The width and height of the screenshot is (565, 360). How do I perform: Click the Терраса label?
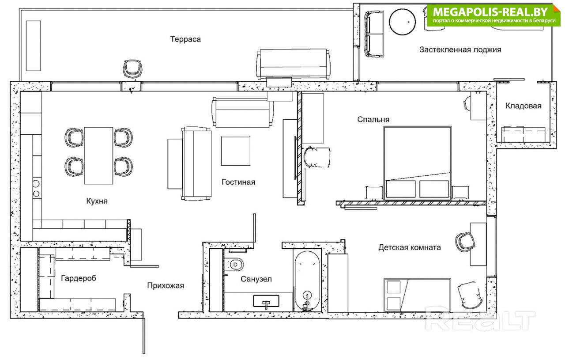pyautogui.click(x=185, y=39)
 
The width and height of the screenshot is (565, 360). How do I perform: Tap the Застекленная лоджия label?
pyautogui.click(x=460, y=50)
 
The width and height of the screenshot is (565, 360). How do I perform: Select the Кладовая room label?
pyautogui.click(x=524, y=106)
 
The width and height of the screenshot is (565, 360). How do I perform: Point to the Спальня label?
pyautogui.click(x=373, y=119)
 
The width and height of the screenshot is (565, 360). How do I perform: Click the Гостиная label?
pyautogui.click(x=238, y=182)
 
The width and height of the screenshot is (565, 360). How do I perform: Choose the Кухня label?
pyautogui.click(x=97, y=201)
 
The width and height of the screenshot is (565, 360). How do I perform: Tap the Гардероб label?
pyautogui.click(x=79, y=278)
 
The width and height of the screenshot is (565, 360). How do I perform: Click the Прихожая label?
pyautogui.click(x=166, y=285)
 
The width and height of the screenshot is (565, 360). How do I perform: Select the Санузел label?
pyautogui.click(x=256, y=279)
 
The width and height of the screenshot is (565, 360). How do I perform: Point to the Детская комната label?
pyautogui.click(x=409, y=247)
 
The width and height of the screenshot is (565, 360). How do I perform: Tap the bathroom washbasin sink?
pyautogui.click(x=266, y=301)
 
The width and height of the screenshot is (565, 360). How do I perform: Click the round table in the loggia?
pyautogui.click(x=402, y=22)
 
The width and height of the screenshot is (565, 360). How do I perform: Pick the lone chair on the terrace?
pyautogui.click(x=132, y=69)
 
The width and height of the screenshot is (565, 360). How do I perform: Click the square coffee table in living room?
pyautogui.click(x=236, y=151)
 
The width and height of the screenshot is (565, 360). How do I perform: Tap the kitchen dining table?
pyautogui.click(x=98, y=156)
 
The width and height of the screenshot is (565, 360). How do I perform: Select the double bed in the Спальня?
pyautogui.click(x=418, y=163)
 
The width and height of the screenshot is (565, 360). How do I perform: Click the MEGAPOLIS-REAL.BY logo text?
pyautogui.click(x=490, y=12)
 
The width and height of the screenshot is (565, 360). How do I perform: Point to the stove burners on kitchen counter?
pyautogui.click(x=36, y=189)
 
